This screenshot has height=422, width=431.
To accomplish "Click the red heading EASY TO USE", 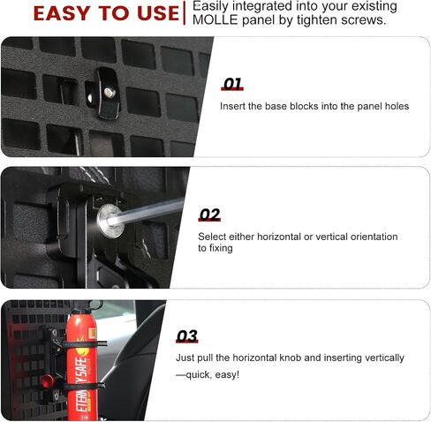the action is (x=106, y=13).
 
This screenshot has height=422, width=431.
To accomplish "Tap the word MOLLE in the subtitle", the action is (x=215, y=20).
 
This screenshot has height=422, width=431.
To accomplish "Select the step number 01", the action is (x=232, y=84).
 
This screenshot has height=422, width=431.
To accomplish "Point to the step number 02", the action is (x=209, y=215).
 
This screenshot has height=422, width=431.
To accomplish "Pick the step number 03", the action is (x=187, y=336).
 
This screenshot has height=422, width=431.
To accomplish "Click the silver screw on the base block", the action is (x=110, y=92).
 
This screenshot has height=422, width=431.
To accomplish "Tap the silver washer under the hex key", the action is (x=110, y=221).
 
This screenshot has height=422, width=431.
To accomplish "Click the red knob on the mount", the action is (x=48, y=381).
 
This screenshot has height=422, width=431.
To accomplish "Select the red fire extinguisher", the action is (x=81, y=365).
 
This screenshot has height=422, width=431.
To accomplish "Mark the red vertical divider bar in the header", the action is (x=185, y=13).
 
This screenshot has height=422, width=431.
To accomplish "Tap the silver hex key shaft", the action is (x=146, y=212).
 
